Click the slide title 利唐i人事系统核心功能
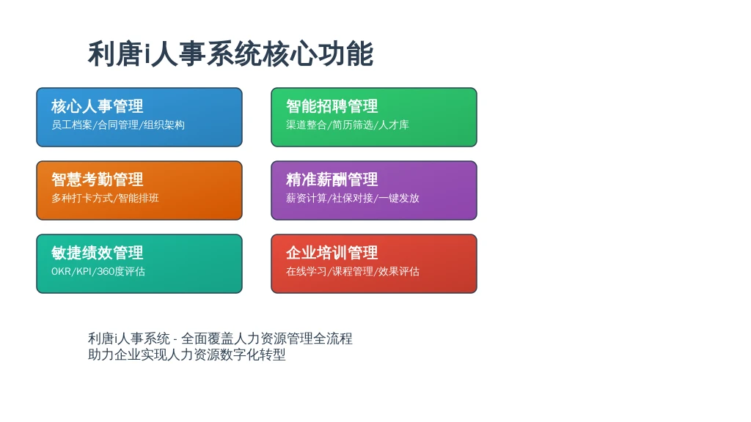tap(230, 53)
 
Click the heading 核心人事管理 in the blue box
tap(98, 105)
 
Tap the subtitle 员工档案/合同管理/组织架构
tap(118, 125)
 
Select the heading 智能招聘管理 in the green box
tap(332, 105)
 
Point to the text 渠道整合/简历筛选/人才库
tap(347, 125)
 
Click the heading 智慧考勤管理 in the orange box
tap(98, 179)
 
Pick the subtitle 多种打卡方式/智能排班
tap(105, 198)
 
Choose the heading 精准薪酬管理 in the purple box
tap(332, 179)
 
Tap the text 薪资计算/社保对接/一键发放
tap(353, 198)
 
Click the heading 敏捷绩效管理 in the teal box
tap(98, 253)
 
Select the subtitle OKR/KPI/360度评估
tap(98, 271)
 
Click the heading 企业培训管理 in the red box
tap(332, 253)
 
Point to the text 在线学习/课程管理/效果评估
tap(353, 271)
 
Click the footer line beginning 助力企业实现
tap(187, 355)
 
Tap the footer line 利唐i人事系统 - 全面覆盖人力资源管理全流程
tap(220, 338)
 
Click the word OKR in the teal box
tap(61, 272)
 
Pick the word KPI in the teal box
tap(84, 272)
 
